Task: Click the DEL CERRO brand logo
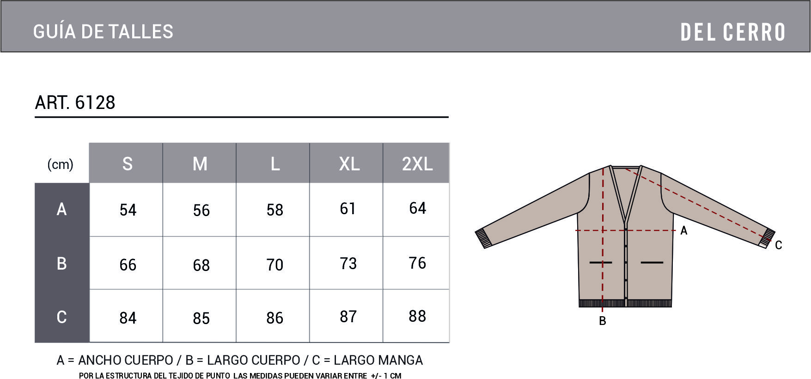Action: click(733, 32)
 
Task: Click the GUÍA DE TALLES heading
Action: click(103, 31)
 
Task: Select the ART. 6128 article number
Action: click(75, 102)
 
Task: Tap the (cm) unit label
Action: click(61, 164)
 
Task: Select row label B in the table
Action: click(61, 263)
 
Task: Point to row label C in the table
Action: click(61, 317)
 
